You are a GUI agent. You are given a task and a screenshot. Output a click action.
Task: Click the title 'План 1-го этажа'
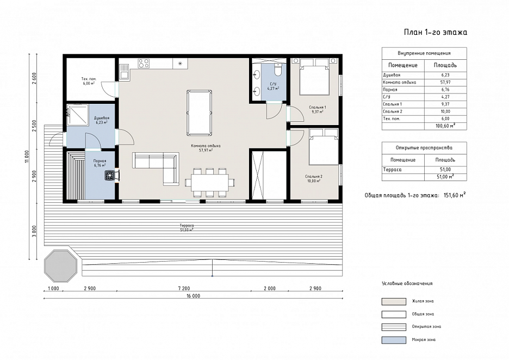click(x=435, y=32)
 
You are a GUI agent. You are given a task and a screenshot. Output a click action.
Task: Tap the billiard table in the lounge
click(x=200, y=113)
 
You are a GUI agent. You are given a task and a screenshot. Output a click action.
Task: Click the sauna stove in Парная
click(x=109, y=175)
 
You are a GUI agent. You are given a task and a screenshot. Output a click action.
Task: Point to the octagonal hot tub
click(x=61, y=266)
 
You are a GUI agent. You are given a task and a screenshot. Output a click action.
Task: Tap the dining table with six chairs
click(x=210, y=182)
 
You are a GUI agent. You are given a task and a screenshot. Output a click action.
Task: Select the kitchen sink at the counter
click(x=124, y=72)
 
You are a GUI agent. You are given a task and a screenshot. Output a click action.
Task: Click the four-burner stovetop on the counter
click(x=144, y=63)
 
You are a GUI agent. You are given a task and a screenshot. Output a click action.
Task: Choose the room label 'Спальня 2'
click(x=314, y=177)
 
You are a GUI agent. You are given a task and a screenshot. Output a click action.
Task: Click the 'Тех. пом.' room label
click(x=89, y=79)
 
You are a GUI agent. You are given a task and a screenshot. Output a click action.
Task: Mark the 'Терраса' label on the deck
click(x=187, y=225)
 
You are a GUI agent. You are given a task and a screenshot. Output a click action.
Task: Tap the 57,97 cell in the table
click(x=445, y=83)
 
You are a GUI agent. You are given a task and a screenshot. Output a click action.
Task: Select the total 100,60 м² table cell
click(x=445, y=126)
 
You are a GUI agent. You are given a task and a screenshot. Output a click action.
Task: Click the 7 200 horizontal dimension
click(x=184, y=288)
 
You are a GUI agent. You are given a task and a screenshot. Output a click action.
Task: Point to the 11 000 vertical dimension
click(x=27, y=157)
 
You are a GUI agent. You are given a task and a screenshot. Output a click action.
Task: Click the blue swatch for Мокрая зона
click(x=394, y=340)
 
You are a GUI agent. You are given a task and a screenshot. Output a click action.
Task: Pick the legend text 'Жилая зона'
click(x=423, y=301)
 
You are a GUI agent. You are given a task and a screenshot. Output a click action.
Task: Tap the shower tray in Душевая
click(x=78, y=115)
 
